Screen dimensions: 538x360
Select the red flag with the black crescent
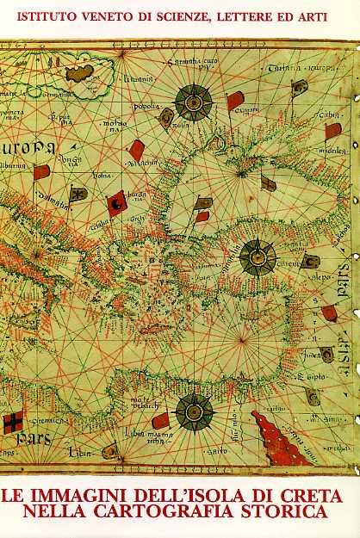pos(115,205)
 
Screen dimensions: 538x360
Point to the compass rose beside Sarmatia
pos(193,102)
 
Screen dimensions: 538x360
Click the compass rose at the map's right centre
pos(256,256)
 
